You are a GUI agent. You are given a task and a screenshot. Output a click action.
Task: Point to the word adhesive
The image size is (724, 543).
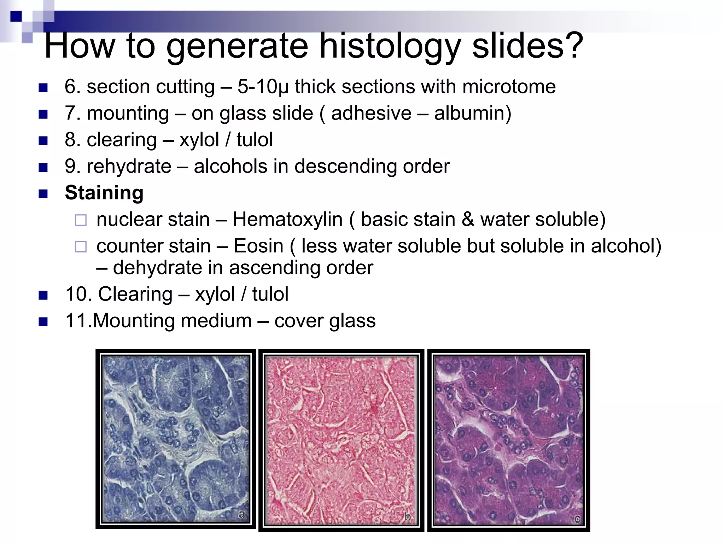(x=371, y=113)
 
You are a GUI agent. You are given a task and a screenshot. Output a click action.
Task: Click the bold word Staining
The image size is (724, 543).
(x=104, y=193)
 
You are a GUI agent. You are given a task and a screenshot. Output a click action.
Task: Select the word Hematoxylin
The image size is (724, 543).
(x=287, y=220)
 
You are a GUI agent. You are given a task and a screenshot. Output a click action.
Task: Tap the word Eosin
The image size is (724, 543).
(x=258, y=246)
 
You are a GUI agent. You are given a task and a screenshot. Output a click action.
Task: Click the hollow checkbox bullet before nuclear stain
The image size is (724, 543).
(x=81, y=220)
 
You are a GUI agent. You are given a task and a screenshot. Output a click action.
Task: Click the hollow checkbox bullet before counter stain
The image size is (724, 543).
(x=81, y=247)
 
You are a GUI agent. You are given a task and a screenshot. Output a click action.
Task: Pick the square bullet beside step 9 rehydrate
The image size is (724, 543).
(x=43, y=167)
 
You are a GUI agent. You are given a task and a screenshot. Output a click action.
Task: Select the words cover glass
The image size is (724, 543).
(x=325, y=321)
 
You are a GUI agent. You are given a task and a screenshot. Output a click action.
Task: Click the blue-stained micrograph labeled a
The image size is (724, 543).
(x=176, y=439)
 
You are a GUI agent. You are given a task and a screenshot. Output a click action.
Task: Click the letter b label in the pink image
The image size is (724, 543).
(x=407, y=517)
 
